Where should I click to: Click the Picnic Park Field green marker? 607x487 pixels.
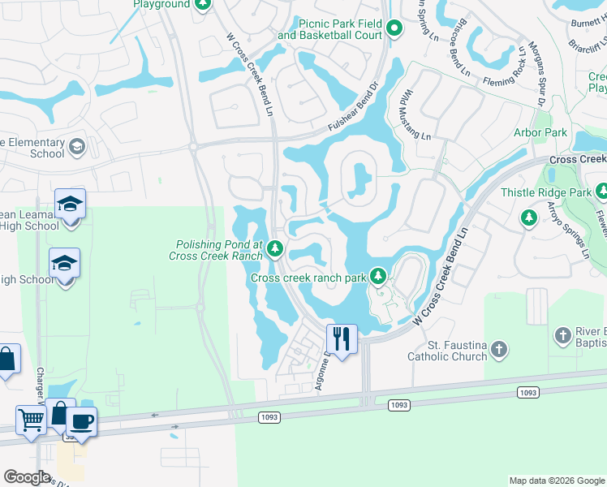point(394,29)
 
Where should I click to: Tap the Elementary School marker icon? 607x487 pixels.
point(77,147)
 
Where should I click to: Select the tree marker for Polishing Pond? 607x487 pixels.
point(275,248)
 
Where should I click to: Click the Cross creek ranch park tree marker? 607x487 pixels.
point(377,277)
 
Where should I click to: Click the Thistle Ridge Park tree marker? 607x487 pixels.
point(601,192)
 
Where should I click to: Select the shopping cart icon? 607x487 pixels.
point(31,420)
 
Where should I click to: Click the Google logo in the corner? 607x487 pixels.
point(27,477)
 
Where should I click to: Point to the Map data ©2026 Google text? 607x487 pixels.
point(556,481)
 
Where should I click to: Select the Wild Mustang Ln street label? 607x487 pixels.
point(414,115)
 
